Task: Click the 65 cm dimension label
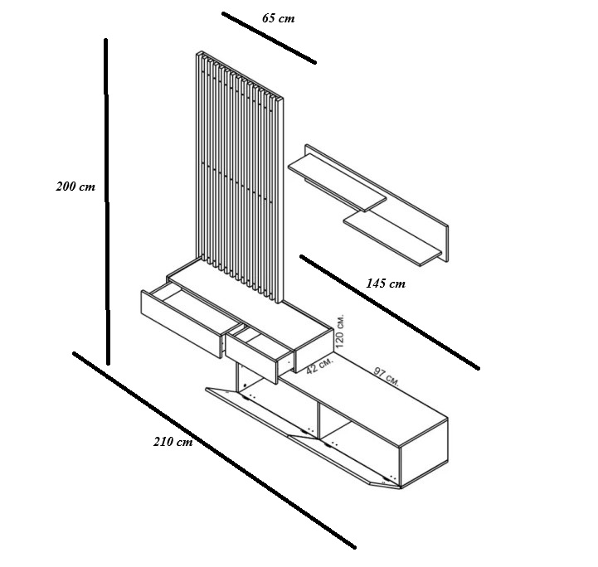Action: click(x=279, y=18)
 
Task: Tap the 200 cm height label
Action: click(x=75, y=187)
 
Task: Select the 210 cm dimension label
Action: click(x=173, y=442)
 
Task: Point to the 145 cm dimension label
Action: click(x=386, y=283)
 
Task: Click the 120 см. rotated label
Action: click(x=340, y=331)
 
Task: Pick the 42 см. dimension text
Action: click(x=319, y=366)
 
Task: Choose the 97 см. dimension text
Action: click(x=386, y=376)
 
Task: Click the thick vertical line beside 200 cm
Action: click(x=107, y=201)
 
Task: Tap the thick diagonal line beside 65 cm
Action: click(x=269, y=38)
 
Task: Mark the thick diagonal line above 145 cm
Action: click(x=389, y=312)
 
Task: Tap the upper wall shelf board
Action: click(x=337, y=182)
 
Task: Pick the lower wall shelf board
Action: click(x=393, y=238)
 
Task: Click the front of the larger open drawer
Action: click(x=181, y=324)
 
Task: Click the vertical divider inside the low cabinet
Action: click(x=318, y=420)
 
